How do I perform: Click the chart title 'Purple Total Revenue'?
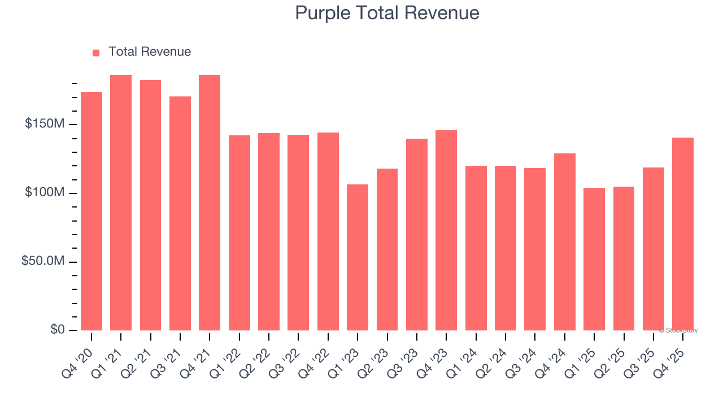(x=387, y=13)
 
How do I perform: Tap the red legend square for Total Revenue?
(x=96, y=52)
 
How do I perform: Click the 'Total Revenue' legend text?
(x=150, y=52)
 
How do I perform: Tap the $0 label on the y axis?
(x=57, y=330)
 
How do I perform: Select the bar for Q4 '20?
(x=92, y=211)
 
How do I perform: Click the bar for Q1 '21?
(x=121, y=203)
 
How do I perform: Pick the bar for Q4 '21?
(x=210, y=203)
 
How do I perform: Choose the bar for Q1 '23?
(x=358, y=257)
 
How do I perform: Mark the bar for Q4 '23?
(x=446, y=230)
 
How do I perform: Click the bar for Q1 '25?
(x=594, y=259)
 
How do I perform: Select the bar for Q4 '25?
(x=683, y=234)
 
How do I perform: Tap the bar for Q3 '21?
(x=180, y=213)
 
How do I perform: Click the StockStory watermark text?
(x=678, y=330)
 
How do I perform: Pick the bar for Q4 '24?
(x=565, y=242)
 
